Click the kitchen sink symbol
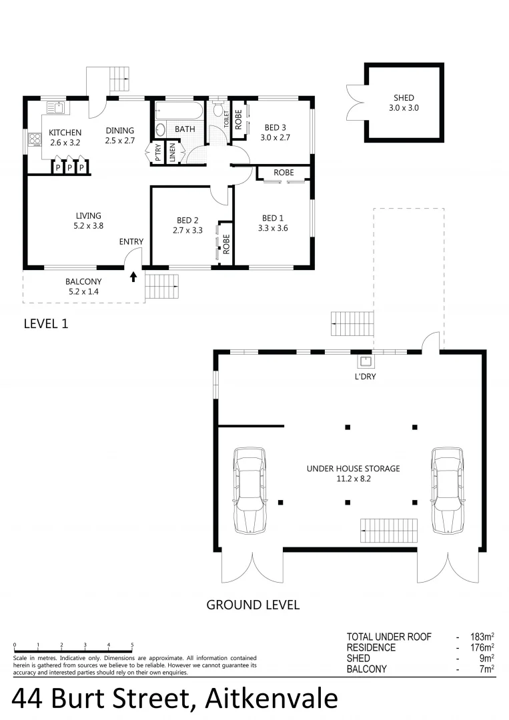click(55, 107)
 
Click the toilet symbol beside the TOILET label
click(217, 109)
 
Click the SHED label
click(404, 98)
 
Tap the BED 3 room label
click(275, 127)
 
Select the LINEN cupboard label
click(173, 153)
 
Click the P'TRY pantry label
click(158, 153)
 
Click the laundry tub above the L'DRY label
click(365, 362)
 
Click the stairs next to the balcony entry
click(162, 287)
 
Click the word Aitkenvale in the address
click(272, 699)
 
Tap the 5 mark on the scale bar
click(132, 645)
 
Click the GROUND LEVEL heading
click(253, 605)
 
